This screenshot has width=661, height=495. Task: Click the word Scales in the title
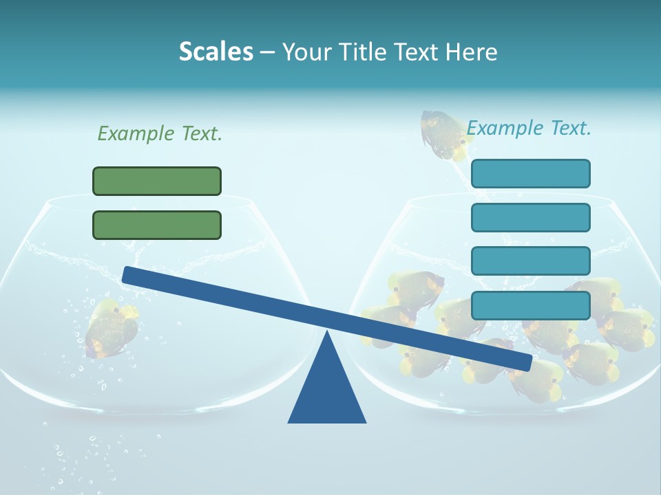(x=216, y=52)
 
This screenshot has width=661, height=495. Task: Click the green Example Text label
(x=160, y=133)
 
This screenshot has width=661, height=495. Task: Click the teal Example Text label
(x=529, y=128)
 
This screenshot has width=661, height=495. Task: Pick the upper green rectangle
(x=157, y=181)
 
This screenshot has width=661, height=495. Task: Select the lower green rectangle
(x=157, y=225)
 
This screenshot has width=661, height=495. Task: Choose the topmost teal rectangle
(x=530, y=173)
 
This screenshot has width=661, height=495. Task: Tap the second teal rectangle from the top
(x=530, y=217)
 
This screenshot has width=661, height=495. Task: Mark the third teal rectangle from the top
(x=530, y=261)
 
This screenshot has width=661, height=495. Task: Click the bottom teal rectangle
(x=530, y=305)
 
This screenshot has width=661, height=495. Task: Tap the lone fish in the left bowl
(x=110, y=327)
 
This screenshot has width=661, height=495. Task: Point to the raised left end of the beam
(x=127, y=274)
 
